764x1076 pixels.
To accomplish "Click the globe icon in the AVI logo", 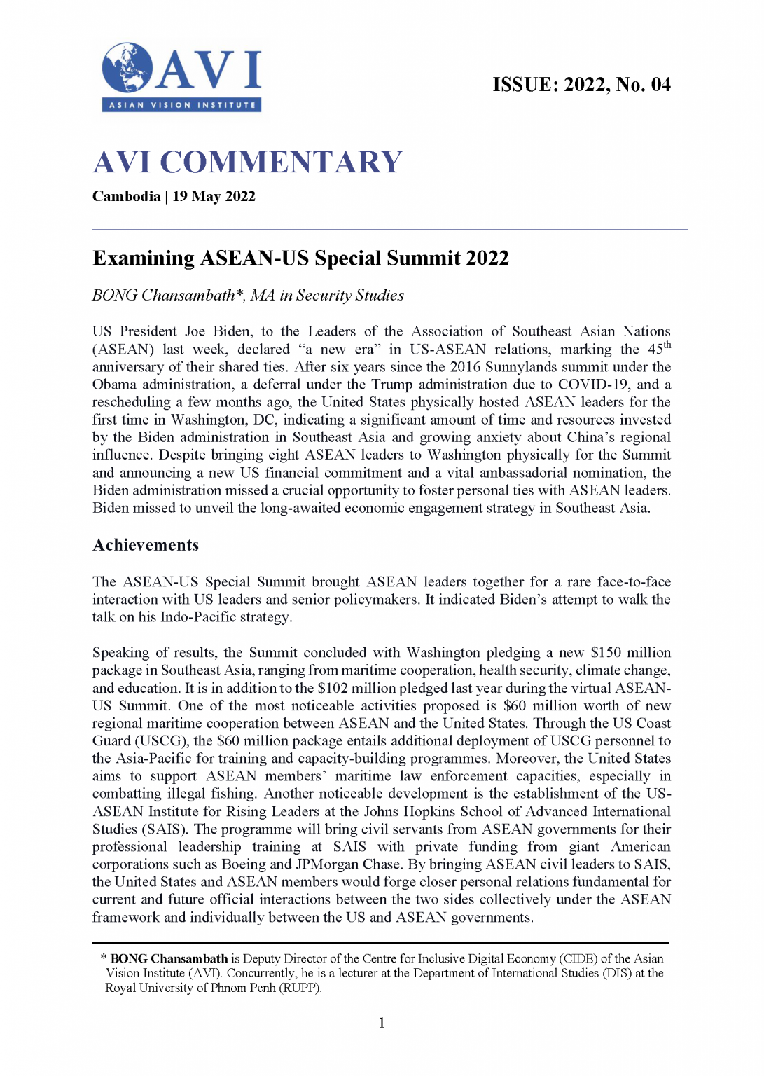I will pyautogui.click(x=127, y=68).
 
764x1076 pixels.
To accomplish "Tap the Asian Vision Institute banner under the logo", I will pyautogui.click(x=182, y=105).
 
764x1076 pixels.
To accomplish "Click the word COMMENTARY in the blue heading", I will pyautogui.click(x=282, y=163).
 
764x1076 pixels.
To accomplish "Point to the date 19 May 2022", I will pyautogui.click(x=214, y=196).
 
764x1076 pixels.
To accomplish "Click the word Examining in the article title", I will pyautogui.click(x=144, y=258).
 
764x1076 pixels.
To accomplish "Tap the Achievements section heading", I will pyautogui.click(x=146, y=545).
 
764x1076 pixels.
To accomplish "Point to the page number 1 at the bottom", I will pyautogui.click(x=382, y=1023).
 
